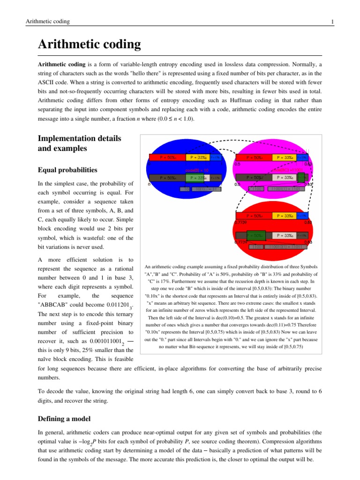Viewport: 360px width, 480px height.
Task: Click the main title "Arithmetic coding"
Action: click(89, 45)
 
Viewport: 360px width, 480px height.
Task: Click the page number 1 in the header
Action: click(332, 22)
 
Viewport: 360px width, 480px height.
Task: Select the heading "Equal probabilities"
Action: click(67, 170)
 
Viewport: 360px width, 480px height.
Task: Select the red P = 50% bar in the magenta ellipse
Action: click(254, 157)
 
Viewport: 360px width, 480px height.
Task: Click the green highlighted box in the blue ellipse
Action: click(195, 178)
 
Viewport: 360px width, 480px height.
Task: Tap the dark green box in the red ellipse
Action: click(256, 235)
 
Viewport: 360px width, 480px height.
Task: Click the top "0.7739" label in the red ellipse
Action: click(241, 222)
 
